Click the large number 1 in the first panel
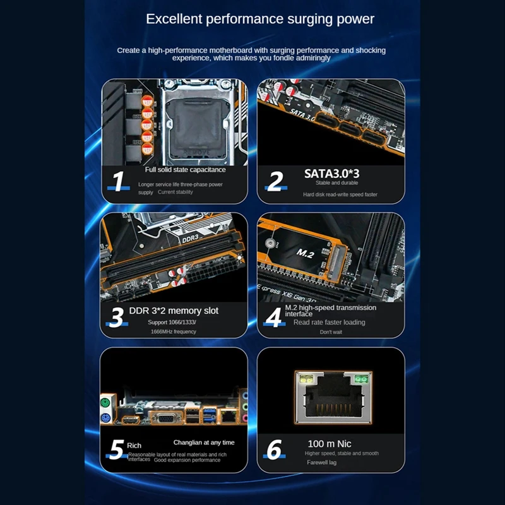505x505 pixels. tap(119, 181)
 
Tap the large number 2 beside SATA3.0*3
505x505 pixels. tap(275, 181)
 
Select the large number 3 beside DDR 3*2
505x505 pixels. tap(117, 318)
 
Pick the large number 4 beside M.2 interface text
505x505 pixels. tap(273, 318)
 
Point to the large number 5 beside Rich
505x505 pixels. tap(117, 449)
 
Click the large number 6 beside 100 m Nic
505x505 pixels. tap(274, 449)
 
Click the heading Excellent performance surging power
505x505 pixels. tap(260, 19)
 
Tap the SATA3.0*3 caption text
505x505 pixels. tap(332, 174)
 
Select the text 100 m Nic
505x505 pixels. tap(329, 444)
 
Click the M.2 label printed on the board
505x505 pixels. tap(305, 254)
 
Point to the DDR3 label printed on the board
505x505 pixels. tap(191, 239)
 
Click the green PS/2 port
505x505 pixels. tap(105, 403)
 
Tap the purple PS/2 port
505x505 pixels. tap(105, 418)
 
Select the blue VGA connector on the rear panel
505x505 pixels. tap(167, 418)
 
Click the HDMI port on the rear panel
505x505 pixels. tap(131, 420)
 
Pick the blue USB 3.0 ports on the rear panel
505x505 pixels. tap(210, 415)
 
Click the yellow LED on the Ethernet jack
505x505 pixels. tap(306, 379)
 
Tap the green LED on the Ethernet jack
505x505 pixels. tap(361, 379)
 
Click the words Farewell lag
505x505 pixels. tap(321, 463)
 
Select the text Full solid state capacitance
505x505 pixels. tap(185, 170)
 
